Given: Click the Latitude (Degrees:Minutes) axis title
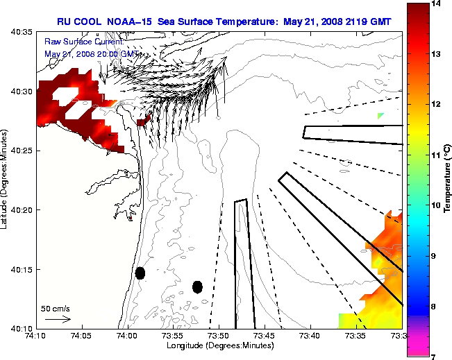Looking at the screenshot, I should coord(6,180).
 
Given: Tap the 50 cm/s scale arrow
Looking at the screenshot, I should coord(58,320).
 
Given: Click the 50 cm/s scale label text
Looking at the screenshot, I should coord(56,308).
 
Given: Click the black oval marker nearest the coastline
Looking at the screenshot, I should coord(140,273).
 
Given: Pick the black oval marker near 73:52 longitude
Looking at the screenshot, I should coord(197,286).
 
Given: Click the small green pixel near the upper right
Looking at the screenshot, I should coord(380,116).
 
